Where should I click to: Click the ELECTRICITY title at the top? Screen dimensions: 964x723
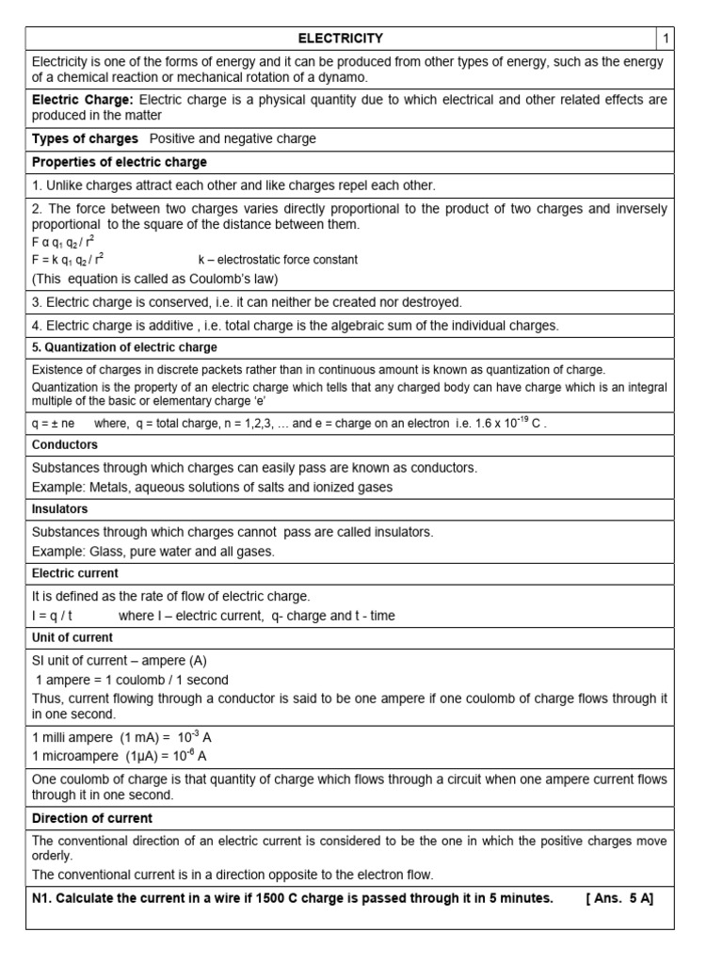coord(341,38)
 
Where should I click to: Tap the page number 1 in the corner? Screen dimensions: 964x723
coord(665,38)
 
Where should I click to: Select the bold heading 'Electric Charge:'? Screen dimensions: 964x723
coord(83,99)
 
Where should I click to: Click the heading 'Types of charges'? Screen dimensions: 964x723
coord(85,138)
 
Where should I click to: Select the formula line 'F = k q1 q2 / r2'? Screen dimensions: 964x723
coord(68,259)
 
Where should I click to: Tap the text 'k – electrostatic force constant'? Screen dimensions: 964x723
coord(278,259)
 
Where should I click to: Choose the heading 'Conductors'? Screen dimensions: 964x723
coord(65,444)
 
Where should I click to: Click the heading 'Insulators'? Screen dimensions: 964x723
coord(60,508)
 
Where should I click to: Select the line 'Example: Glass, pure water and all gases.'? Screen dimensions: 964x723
coord(153,551)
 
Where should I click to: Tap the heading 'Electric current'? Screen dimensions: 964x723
coord(75,572)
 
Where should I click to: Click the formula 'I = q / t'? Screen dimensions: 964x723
coord(53,616)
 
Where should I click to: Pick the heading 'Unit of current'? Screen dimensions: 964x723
coord(72,637)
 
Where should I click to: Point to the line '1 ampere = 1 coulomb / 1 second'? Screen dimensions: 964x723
coord(132,680)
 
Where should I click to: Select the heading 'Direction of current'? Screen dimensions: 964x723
coord(92,818)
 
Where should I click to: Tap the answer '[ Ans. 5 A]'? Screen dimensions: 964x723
coord(619,898)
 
